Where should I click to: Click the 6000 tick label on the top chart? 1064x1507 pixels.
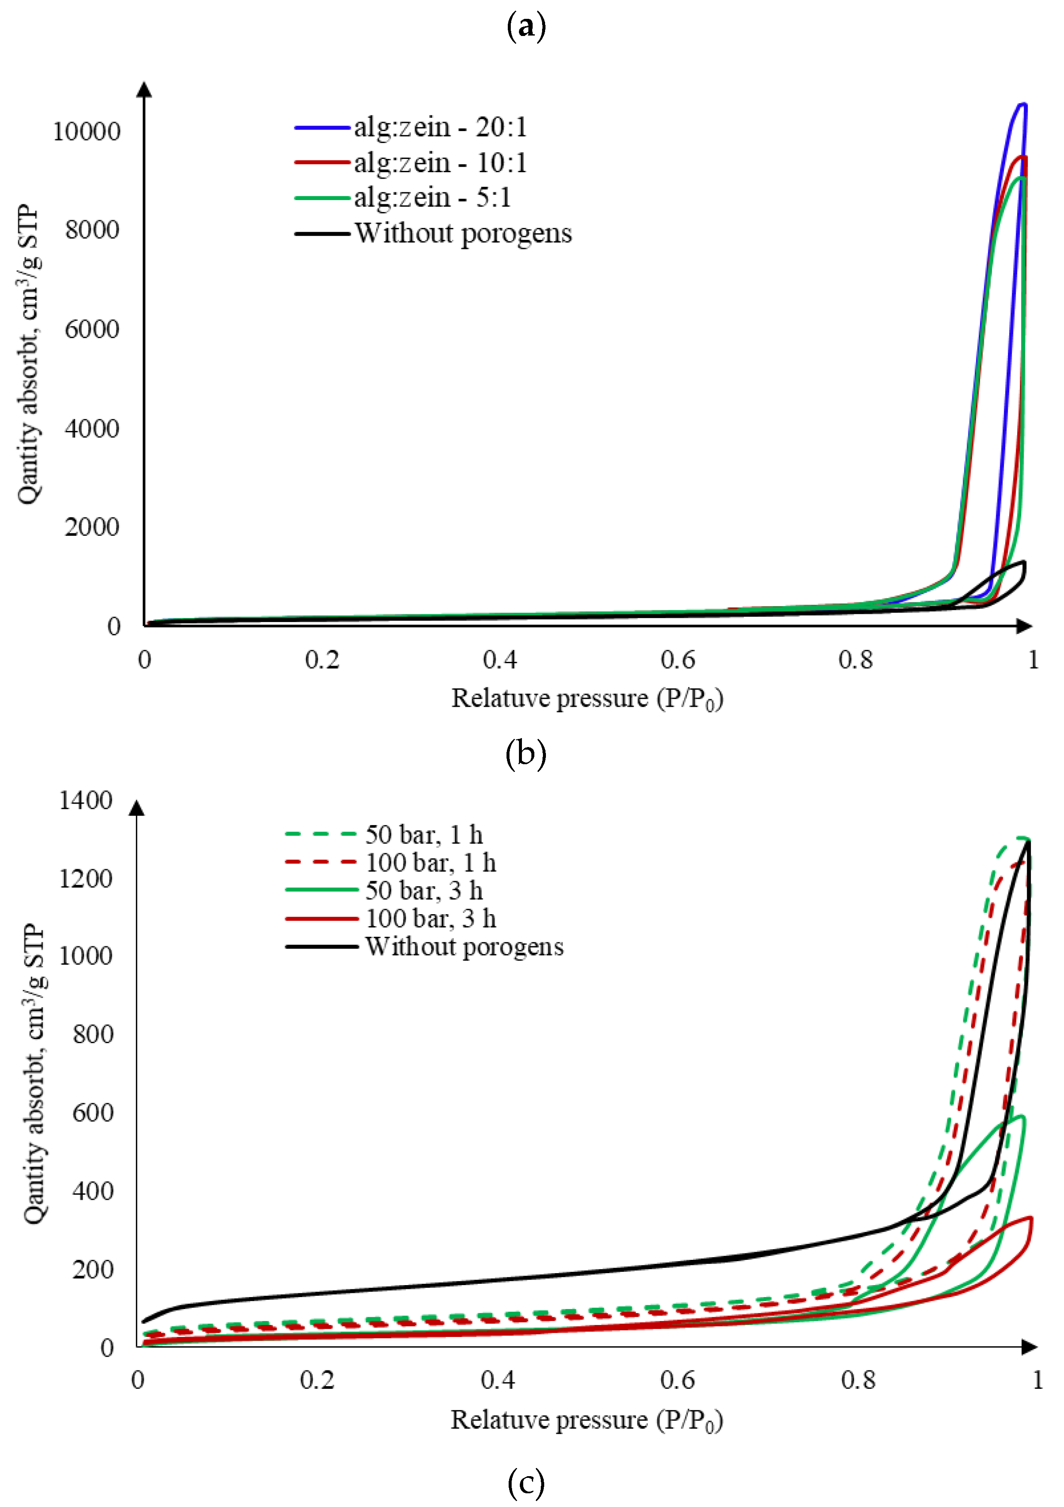coord(92,329)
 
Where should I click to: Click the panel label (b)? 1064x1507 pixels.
coord(526,753)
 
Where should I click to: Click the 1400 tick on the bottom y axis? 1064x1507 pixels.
coord(86,801)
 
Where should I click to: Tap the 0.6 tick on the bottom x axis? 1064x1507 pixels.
coord(677,1380)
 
